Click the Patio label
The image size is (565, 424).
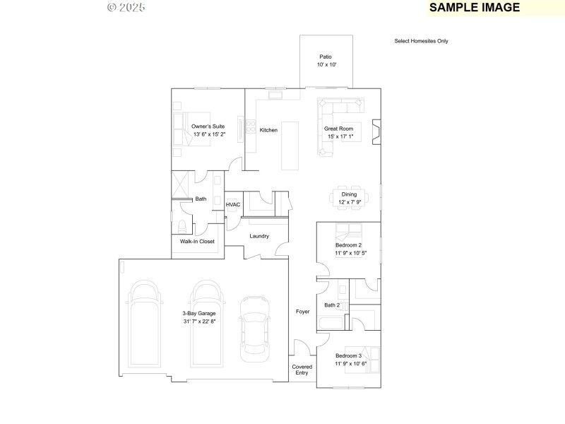click(x=326, y=57)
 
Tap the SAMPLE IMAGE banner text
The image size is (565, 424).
click(x=475, y=8)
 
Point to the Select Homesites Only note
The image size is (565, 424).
click(x=421, y=41)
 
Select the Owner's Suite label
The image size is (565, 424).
click(x=208, y=126)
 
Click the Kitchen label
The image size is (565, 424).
click(x=268, y=130)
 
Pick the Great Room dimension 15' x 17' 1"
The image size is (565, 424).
click(x=339, y=137)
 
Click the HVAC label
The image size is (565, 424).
click(x=233, y=205)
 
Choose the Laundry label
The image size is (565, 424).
click(x=259, y=236)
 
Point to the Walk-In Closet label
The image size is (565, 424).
click(x=197, y=242)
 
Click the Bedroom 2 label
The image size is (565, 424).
click(x=349, y=245)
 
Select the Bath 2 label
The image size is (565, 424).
click(x=332, y=305)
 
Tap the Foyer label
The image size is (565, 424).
click(x=302, y=312)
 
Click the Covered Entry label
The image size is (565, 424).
click(x=302, y=370)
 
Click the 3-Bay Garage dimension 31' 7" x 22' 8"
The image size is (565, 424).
click(x=198, y=322)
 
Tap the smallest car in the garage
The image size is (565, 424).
click(x=254, y=326)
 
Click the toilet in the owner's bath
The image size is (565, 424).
click(x=183, y=226)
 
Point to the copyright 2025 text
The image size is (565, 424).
click(x=126, y=8)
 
